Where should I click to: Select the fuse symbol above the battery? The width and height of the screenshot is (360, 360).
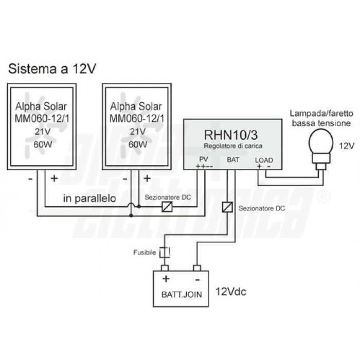pyautogui.click(x=165, y=252)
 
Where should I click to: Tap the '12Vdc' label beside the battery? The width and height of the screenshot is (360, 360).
pyautogui.click(x=231, y=293)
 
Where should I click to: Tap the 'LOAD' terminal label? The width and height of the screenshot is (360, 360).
pyautogui.click(x=264, y=160)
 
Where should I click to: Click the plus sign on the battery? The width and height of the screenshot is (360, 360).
pyautogui.click(x=166, y=279)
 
